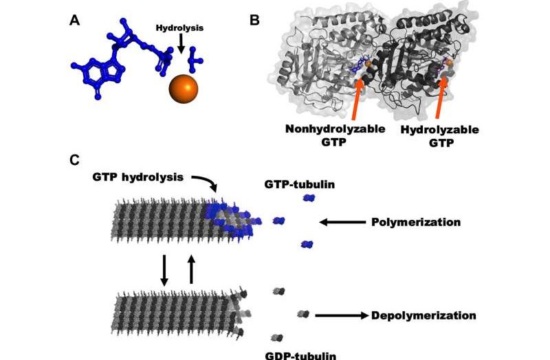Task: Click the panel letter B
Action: pos(254,20)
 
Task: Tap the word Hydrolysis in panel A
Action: pos(179,29)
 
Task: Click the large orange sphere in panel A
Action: pos(182,89)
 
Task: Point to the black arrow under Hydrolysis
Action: pos(180,44)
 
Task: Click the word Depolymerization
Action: pos(423,316)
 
